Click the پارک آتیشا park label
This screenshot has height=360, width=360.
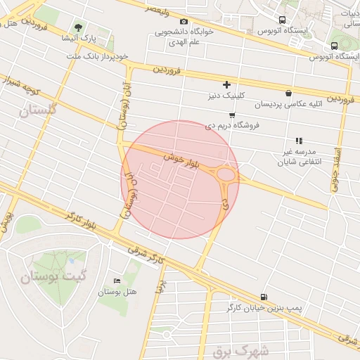73,38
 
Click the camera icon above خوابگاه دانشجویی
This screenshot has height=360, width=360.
184,22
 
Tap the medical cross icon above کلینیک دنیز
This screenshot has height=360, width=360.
226,84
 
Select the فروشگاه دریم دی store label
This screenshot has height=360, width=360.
232,125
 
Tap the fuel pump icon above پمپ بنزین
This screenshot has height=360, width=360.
264,297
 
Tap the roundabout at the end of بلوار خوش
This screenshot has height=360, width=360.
226,174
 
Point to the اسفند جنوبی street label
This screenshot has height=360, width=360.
337,170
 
